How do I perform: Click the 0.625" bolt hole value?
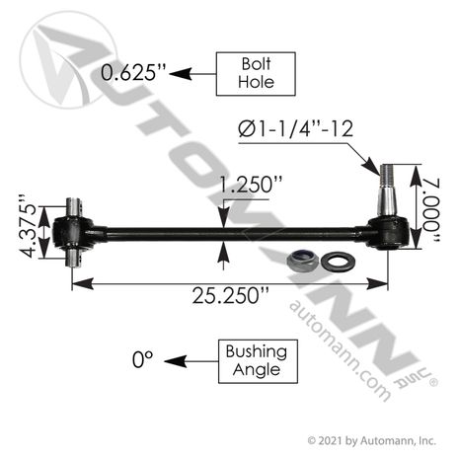(133, 72)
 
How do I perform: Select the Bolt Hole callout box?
(256, 74)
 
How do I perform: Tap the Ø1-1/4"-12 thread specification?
(295, 128)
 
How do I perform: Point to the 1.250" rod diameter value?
(251, 185)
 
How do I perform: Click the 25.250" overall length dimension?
(231, 295)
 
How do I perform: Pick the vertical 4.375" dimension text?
(27, 227)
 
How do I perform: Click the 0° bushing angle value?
(143, 359)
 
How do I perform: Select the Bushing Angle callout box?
(258, 361)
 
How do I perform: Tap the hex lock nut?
(302, 261)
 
